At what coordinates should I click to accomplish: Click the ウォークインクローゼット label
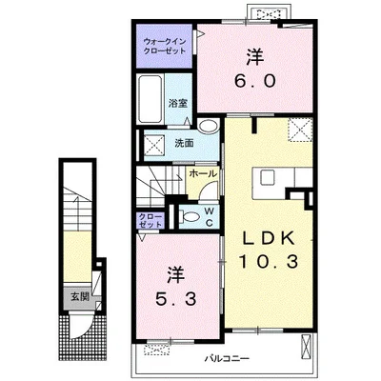(x=165, y=47)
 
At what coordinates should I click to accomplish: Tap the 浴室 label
(x=178, y=103)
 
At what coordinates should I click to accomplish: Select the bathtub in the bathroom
(x=151, y=99)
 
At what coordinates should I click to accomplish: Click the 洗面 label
(x=184, y=144)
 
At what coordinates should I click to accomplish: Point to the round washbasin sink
(x=208, y=126)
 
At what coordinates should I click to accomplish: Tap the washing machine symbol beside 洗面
(x=154, y=145)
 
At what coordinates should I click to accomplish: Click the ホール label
(x=203, y=173)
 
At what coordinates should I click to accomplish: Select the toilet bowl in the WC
(x=190, y=217)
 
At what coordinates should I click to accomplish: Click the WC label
(x=210, y=217)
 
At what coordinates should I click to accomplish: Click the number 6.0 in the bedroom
(x=254, y=81)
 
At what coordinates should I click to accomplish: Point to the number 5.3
(x=175, y=299)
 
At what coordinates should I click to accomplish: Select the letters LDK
(x=269, y=238)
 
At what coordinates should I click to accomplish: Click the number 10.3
(x=269, y=262)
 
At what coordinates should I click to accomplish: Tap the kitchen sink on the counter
(x=268, y=177)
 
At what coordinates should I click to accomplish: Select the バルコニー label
(x=227, y=359)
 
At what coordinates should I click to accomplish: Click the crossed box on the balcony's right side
(x=306, y=347)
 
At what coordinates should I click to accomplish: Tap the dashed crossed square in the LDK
(x=300, y=129)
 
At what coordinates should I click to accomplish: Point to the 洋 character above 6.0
(x=254, y=57)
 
